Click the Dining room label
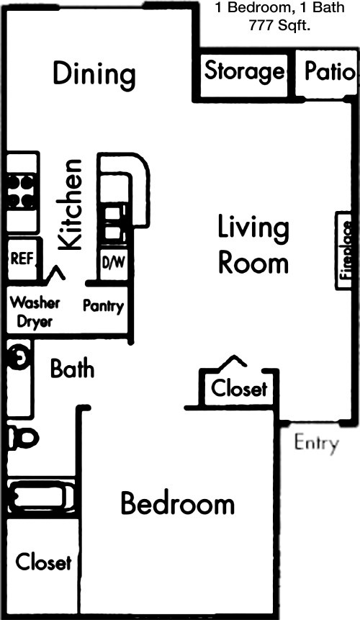(94, 74)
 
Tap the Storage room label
(244, 72)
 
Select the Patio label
(330, 71)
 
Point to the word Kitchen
(70, 204)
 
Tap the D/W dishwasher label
(114, 262)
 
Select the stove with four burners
(21, 192)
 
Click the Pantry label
(103, 307)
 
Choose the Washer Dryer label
(35, 312)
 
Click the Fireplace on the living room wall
(343, 251)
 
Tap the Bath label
(72, 369)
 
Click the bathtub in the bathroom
(42, 497)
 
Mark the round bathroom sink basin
(19, 357)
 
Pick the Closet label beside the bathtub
(43, 562)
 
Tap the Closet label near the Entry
(239, 388)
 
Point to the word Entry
(316, 443)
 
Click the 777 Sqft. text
(279, 26)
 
